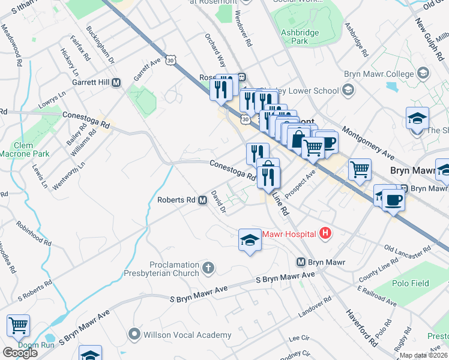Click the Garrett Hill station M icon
pyautogui.click(x=116, y=82)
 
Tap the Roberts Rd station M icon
pyautogui.click(x=203, y=200)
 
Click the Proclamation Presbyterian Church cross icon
pyautogui.click(x=208, y=268)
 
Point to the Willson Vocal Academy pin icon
pyautogui.click(x=134, y=335)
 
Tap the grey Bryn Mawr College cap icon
pyautogui.click(x=423, y=74)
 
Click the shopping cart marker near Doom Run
pyautogui.click(x=18, y=326)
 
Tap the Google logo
pyautogui.click(x=20, y=353)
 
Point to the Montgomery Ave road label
pyautogui.click(x=367, y=138)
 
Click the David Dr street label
pyautogui.click(x=218, y=202)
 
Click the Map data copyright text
pyautogui.click(x=423, y=355)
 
